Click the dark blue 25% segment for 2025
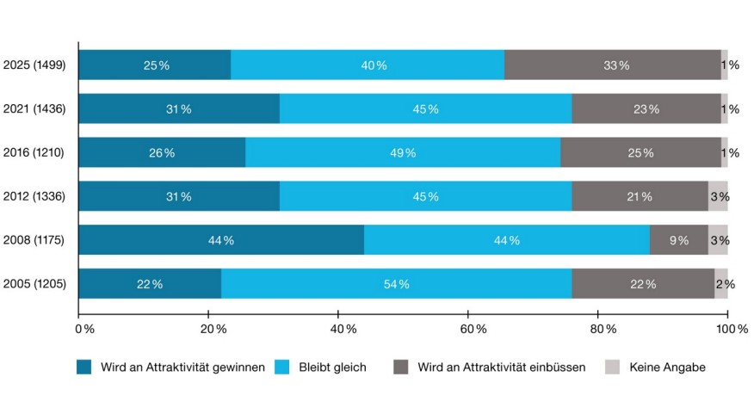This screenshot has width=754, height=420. [155, 65]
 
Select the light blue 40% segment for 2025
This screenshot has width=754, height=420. [368, 65]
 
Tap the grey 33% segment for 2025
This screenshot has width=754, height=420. [613, 65]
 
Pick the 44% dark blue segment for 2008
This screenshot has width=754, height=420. [221, 240]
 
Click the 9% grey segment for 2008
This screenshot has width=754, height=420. [679, 240]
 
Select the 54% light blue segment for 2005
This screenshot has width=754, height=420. [397, 284]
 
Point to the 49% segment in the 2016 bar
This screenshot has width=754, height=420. [403, 152]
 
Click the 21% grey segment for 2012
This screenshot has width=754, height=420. [640, 196]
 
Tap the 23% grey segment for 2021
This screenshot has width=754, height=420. [646, 108]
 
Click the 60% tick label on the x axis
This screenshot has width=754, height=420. [469, 329]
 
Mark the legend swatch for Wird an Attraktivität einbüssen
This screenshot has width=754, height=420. [401, 367]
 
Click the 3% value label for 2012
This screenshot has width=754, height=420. [720, 196]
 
